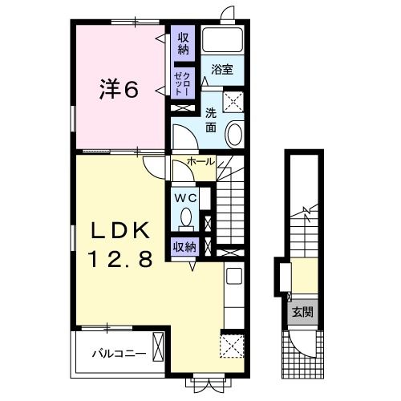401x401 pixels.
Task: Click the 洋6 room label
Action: click(119, 89)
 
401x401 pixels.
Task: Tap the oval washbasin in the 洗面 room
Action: click(236, 135)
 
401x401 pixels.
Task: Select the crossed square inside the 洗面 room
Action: click(235, 102)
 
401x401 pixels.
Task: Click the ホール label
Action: click(200, 162)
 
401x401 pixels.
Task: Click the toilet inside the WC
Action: click(187, 217)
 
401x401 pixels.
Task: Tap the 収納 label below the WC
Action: click(184, 247)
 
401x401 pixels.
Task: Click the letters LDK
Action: click(119, 231)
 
